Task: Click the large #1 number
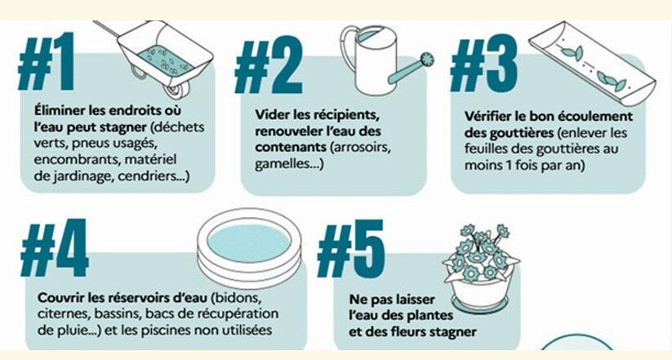47,61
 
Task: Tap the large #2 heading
269,65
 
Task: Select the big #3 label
484,64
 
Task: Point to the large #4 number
55,247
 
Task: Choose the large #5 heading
351,249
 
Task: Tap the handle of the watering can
349,47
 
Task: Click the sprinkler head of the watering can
427,60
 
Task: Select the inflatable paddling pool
249,247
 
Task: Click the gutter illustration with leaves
592,63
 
